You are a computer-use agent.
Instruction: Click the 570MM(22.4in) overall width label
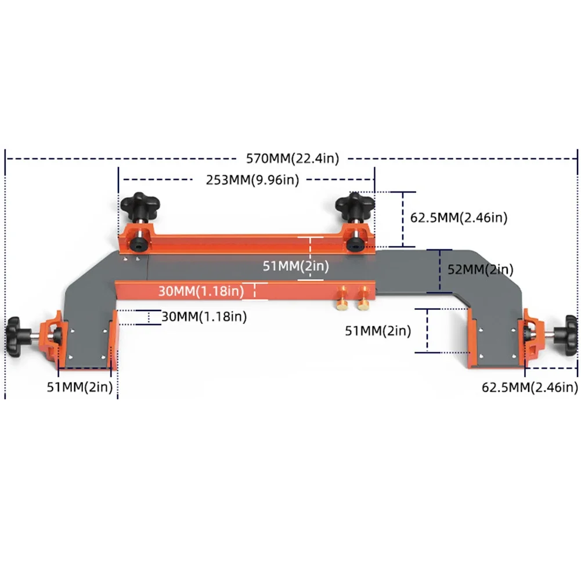(292, 157)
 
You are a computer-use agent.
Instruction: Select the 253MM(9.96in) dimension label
(252, 179)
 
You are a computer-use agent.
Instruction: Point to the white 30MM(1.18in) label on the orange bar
(201, 291)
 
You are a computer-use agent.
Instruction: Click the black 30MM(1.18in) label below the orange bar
(204, 316)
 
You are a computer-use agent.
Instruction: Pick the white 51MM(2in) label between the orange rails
(296, 266)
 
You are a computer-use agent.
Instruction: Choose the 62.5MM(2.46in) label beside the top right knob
(459, 218)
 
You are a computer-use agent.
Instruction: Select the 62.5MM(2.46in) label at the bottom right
(529, 387)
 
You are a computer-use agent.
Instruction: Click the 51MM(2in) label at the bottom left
(80, 387)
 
